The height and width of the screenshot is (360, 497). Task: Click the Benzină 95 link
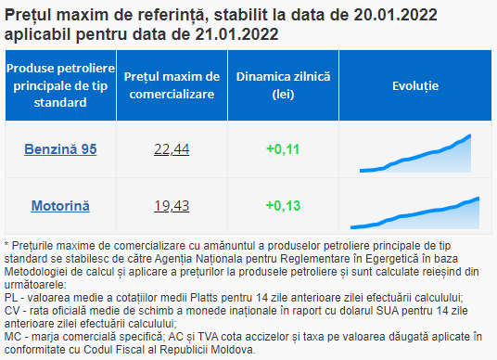[60, 149]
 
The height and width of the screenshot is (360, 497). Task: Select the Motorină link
[60, 206]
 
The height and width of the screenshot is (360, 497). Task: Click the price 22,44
[172, 149]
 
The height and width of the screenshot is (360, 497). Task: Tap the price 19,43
[172, 206]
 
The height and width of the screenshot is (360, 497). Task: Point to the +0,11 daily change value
[283, 149]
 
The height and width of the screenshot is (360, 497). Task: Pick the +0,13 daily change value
[283, 206]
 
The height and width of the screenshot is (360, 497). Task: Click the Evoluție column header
[415, 86]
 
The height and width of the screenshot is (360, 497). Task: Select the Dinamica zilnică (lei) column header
[283, 85]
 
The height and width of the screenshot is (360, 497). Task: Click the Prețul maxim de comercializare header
[172, 85]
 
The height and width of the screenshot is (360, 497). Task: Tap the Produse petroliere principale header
[60, 85]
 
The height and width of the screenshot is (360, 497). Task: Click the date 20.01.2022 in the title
[395, 15]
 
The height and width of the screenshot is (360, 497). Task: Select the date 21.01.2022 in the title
[236, 34]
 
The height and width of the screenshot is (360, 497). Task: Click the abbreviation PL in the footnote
[11, 298]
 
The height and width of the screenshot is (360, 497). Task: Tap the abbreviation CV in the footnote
[12, 311]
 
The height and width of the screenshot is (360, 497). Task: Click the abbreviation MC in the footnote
[13, 337]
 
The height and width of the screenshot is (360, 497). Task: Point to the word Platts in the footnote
[204, 298]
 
